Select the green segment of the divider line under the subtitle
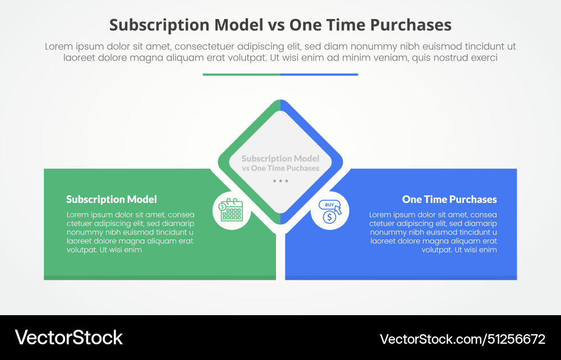click(241, 74)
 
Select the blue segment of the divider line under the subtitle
click(319, 74)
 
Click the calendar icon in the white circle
click(231, 210)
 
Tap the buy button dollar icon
click(329, 211)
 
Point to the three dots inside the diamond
click(280, 181)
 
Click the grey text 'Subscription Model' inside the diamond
click(280, 159)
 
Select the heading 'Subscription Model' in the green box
click(112, 199)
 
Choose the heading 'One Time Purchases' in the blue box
click(449, 199)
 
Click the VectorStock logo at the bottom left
click(68, 338)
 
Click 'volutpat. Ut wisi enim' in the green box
click(104, 250)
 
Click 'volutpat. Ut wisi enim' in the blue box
click(459, 250)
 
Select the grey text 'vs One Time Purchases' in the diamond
click(280, 168)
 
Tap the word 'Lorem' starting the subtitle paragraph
click(58, 47)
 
